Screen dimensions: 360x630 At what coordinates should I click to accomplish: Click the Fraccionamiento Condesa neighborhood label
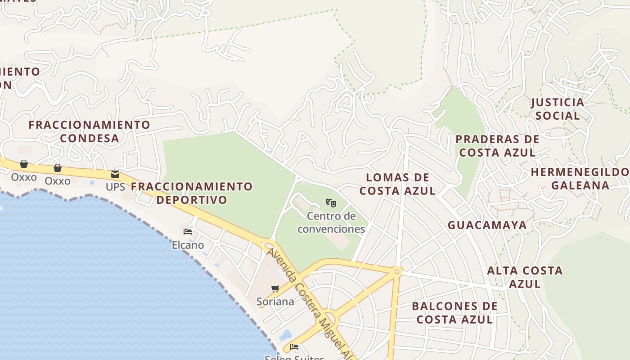pos(89,131)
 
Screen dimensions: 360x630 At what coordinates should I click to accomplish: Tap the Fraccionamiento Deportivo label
pos(192,193)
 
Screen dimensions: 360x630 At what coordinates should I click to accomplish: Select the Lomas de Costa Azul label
pos(397,184)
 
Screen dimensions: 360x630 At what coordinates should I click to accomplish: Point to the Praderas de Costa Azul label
pos(497,146)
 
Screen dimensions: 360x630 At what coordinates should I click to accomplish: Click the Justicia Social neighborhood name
pos(558,109)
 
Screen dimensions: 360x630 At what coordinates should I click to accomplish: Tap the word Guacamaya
pos(487,225)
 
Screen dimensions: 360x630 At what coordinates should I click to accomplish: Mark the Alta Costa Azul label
pos(525,277)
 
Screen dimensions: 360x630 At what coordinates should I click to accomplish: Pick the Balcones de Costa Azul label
pos(454,313)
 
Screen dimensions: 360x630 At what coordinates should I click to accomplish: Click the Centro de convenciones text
pos(331,223)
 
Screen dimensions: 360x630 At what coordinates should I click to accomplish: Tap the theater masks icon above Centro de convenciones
pos(331,203)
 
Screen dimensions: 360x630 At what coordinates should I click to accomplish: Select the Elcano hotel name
pos(188,245)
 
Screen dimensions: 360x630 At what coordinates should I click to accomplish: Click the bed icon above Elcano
pos(188,232)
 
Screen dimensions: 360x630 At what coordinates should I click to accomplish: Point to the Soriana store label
pos(275,301)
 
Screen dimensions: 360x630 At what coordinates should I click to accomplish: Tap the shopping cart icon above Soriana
pos(275,288)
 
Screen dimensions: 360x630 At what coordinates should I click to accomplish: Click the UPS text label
pos(115,187)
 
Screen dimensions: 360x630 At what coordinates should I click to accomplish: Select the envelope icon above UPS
pos(115,174)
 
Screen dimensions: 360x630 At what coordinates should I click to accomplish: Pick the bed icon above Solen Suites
pos(294,347)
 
